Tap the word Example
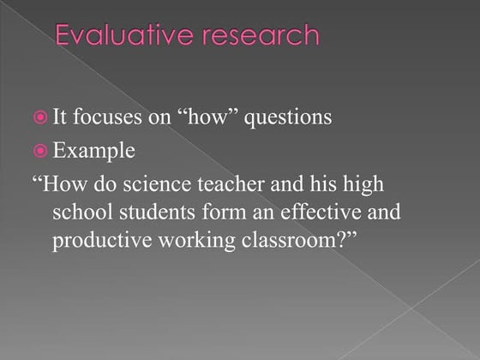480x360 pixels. pos(105,152)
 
